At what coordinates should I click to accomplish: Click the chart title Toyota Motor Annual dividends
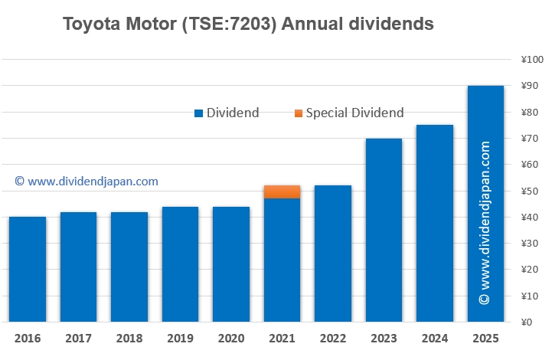[x=248, y=24]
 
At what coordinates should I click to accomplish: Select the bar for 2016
[x=28, y=269]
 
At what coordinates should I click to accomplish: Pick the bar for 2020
[x=231, y=264]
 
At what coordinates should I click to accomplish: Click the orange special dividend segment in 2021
[x=282, y=191]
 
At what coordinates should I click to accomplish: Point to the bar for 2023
[x=384, y=230]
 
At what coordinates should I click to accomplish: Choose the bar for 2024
[x=435, y=223]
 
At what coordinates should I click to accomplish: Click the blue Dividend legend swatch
[x=198, y=113]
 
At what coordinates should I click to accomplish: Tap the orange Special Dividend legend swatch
[x=298, y=113]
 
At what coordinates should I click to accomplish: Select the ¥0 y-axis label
[x=528, y=322]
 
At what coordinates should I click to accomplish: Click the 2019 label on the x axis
[x=180, y=338]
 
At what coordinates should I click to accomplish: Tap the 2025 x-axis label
[x=485, y=338]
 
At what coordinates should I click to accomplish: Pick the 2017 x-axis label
[x=78, y=338]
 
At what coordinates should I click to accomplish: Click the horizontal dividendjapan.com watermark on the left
[x=87, y=182]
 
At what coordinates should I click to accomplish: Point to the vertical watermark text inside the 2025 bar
[x=485, y=222]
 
